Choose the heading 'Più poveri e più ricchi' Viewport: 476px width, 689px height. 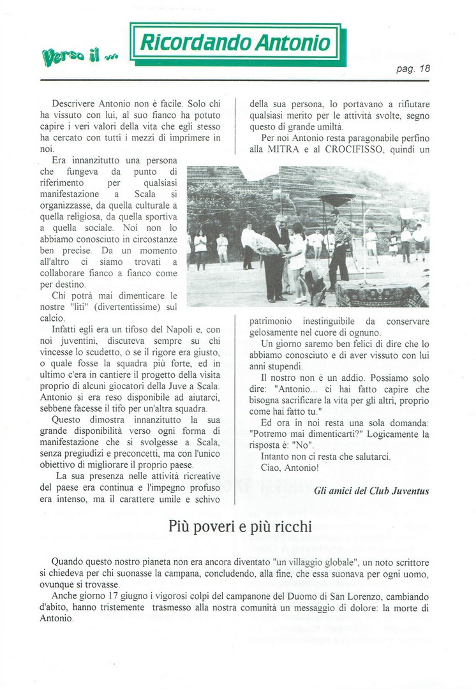tap(240, 527)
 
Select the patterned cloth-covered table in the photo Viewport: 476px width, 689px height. tap(381, 293)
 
